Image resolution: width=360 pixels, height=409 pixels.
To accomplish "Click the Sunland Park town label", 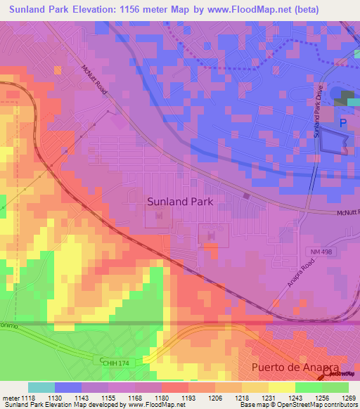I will pos(180,201).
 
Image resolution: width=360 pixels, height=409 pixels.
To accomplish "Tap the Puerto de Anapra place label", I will pos(295,368).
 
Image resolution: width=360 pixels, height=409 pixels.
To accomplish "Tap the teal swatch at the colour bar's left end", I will pos(41,387).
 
